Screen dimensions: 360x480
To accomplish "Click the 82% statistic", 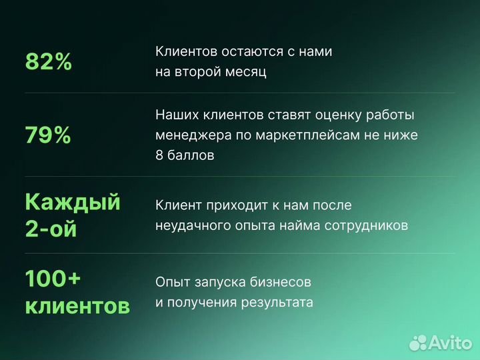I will click(x=48, y=62).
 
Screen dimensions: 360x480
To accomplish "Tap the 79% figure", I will click(x=48, y=136).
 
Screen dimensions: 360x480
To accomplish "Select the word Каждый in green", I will click(x=73, y=201).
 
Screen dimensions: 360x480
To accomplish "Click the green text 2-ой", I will click(x=51, y=229).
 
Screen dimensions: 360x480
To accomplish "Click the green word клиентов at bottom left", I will click(x=77, y=307).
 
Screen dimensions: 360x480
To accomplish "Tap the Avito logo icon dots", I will click(x=419, y=342).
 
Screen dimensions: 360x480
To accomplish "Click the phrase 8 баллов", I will click(x=185, y=156).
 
